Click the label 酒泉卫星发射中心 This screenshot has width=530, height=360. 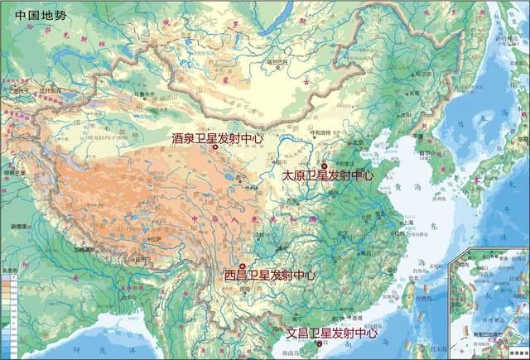217,138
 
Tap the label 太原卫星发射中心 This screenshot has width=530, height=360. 327,175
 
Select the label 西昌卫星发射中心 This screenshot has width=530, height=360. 270,275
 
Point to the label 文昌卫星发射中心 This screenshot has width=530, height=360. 331,334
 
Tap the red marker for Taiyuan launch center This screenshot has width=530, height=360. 324,165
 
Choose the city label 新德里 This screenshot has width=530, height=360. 21,226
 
